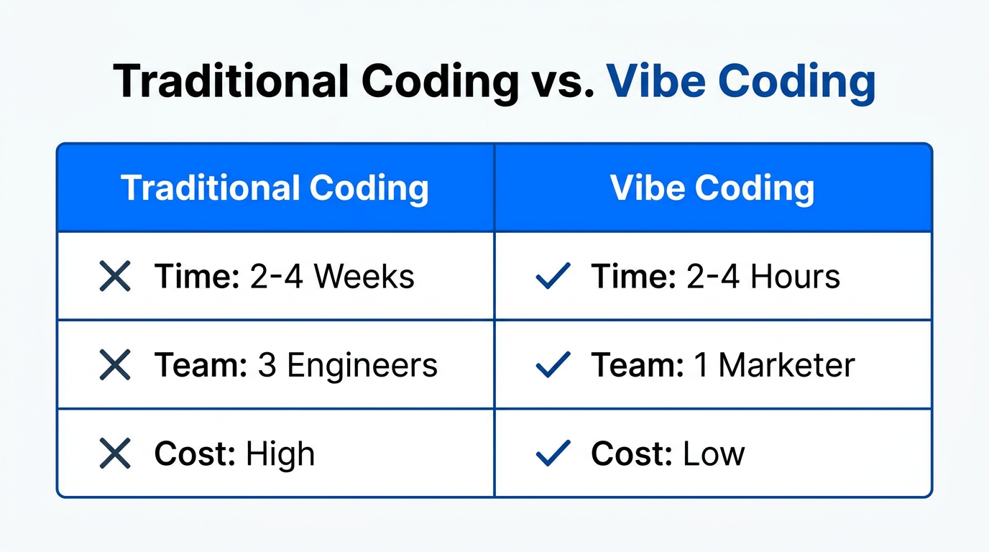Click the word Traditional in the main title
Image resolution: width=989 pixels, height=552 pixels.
[x=231, y=81]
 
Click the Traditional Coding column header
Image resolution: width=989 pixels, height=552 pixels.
[x=275, y=188]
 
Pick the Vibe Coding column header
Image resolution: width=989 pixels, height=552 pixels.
[x=712, y=188]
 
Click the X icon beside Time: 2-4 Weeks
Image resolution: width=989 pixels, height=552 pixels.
[x=115, y=276]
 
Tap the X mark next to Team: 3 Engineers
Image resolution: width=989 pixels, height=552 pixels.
[x=115, y=364]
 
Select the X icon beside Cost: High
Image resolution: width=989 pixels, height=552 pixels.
[x=115, y=454]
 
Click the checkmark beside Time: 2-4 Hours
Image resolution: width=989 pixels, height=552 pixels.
[x=553, y=276]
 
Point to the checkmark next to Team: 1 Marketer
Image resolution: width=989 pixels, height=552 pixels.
[x=553, y=364]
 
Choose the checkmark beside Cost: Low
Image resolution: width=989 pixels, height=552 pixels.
[x=553, y=454]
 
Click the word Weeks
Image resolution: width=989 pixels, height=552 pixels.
[x=364, y=277]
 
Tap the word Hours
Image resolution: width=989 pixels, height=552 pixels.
[x=795, y=277]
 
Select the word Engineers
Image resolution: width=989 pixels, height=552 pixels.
[x=362, y=366]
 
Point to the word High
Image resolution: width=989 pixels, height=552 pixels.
[x=280, y=454]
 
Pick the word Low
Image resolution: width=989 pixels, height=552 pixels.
[x=714, y=454]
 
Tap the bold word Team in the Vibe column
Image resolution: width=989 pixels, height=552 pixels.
[x=638, y=365]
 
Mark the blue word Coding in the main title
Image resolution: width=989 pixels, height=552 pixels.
[x=797, y=84]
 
